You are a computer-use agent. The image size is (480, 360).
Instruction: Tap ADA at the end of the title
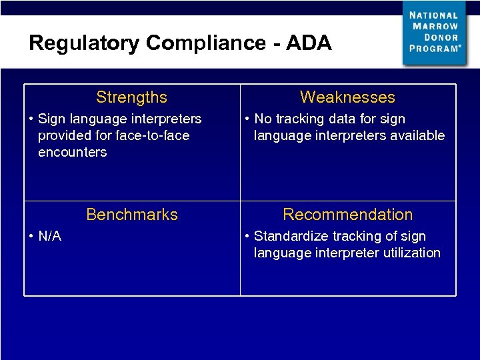click(308, 43)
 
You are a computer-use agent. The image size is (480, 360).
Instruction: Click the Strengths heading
click(131, 97)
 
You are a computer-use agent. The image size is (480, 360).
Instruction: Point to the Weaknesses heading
click(347, 97)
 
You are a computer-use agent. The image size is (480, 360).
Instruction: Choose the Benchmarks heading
click(132, 215)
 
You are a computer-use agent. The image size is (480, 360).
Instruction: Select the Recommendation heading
click(347, 215)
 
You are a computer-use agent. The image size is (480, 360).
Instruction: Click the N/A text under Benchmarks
click(49, 236)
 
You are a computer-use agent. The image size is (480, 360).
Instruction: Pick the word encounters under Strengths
click(72, 152)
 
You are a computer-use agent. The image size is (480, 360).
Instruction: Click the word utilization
click(407, 253)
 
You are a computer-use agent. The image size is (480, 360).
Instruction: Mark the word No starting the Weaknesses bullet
click(263, 119)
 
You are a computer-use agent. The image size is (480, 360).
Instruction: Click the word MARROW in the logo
click(435, 26)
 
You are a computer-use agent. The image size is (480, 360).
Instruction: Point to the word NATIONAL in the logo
click(433, 15)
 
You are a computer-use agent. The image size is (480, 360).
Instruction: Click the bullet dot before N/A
click(31, 236)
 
